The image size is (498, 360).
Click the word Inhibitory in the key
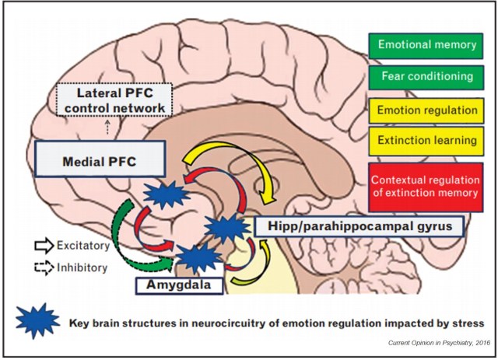pos(77,267)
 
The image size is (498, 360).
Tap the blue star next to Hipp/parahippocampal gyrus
pos(228,228)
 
